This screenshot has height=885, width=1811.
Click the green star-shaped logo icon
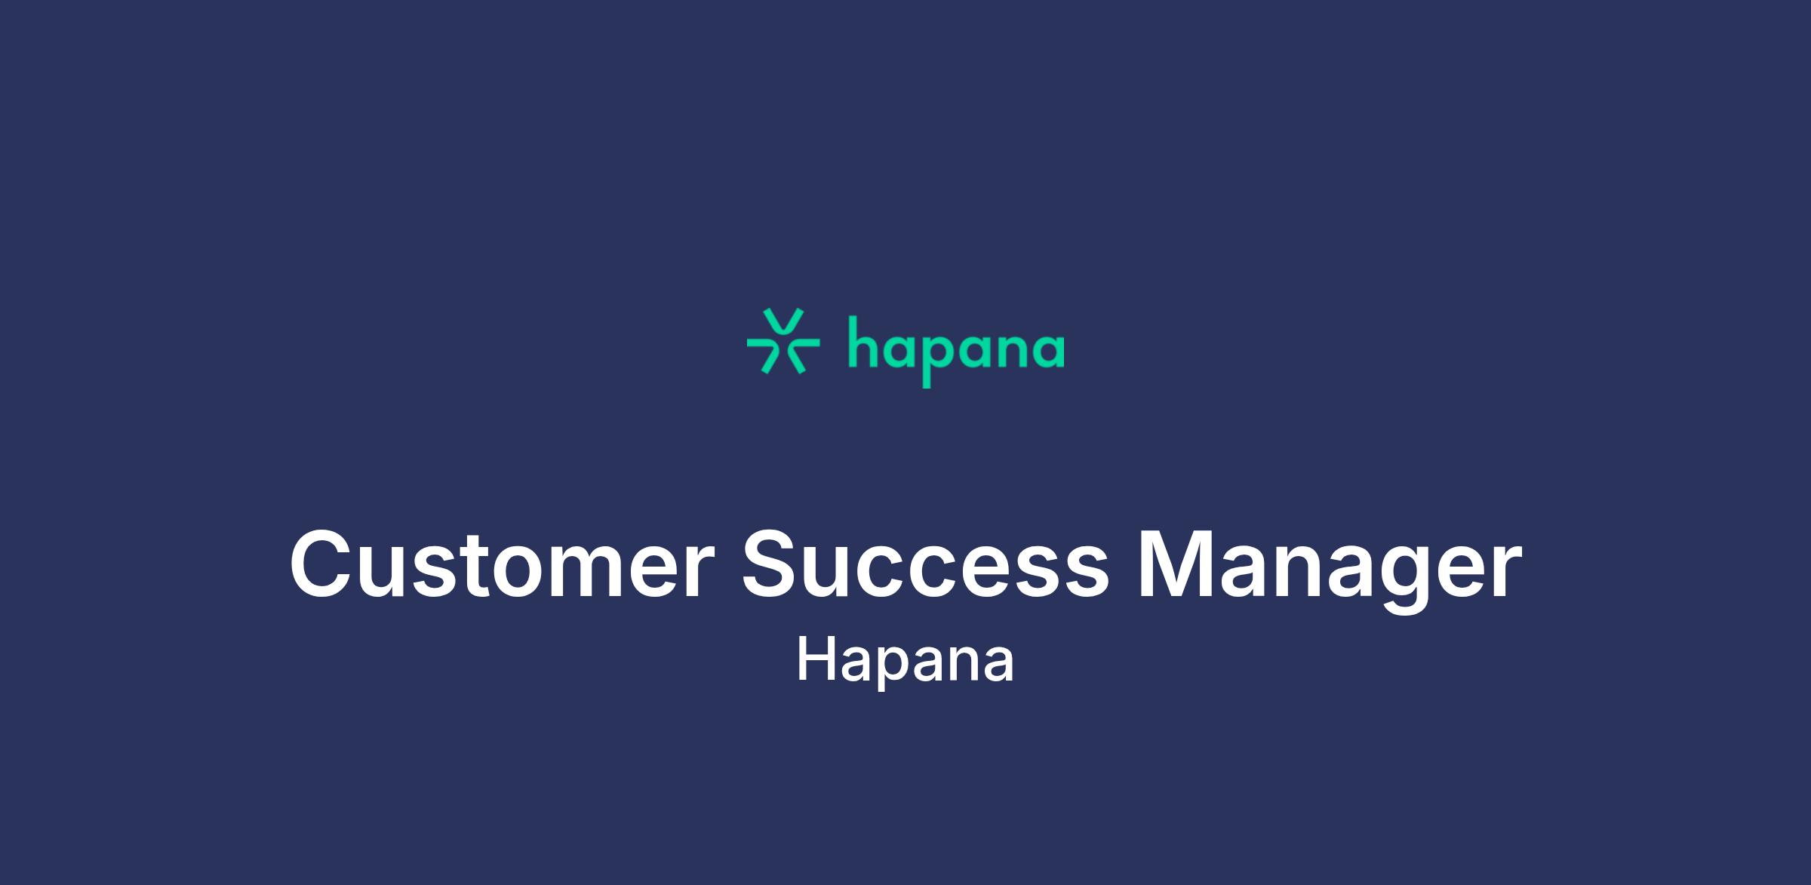(783, 341)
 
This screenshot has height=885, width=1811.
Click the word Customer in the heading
(502, 564)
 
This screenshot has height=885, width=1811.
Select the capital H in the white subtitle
(817, 659)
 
